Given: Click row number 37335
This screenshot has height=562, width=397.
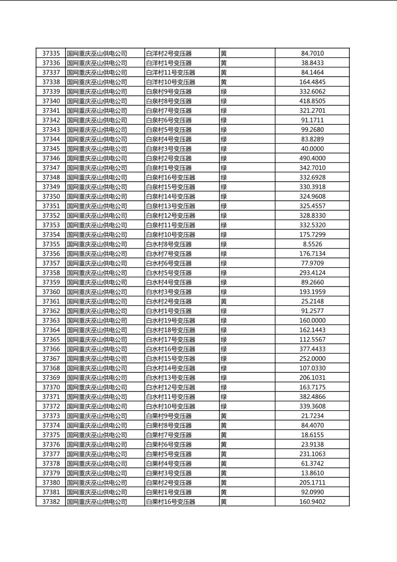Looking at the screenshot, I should point(51,53).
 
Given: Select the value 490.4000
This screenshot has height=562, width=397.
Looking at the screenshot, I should point(312,159).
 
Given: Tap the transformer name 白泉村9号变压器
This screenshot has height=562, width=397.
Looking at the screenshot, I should point(169,92).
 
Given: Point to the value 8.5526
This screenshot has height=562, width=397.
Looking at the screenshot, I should point(312,244).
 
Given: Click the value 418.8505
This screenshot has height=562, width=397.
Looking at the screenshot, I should point(312,101).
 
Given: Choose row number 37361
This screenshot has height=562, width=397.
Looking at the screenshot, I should point(51,301).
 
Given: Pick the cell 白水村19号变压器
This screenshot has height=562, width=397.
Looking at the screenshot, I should point(170,321).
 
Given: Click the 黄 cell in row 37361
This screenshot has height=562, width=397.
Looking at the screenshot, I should point(224,301).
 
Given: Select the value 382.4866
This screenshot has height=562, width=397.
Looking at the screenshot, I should point(312,397).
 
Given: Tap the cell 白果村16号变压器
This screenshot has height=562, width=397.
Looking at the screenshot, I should point(170,502).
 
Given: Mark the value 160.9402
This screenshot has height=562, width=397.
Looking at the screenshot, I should point(312,502).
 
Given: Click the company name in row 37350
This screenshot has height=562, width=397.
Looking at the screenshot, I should point(97,197).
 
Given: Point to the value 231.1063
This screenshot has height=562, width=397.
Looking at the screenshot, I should point(312,454).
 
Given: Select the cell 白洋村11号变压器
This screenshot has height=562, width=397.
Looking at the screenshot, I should point(170,73).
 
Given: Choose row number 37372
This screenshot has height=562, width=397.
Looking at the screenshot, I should point(51,407).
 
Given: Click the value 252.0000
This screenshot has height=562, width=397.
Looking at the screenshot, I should point(312,359).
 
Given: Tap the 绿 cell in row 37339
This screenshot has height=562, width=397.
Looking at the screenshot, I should point(224,92).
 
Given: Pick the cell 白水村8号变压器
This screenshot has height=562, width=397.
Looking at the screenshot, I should point(169,244).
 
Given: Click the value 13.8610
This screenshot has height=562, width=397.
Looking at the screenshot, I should point(312,473).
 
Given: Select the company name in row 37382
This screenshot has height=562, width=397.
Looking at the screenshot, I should point(97,502).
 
